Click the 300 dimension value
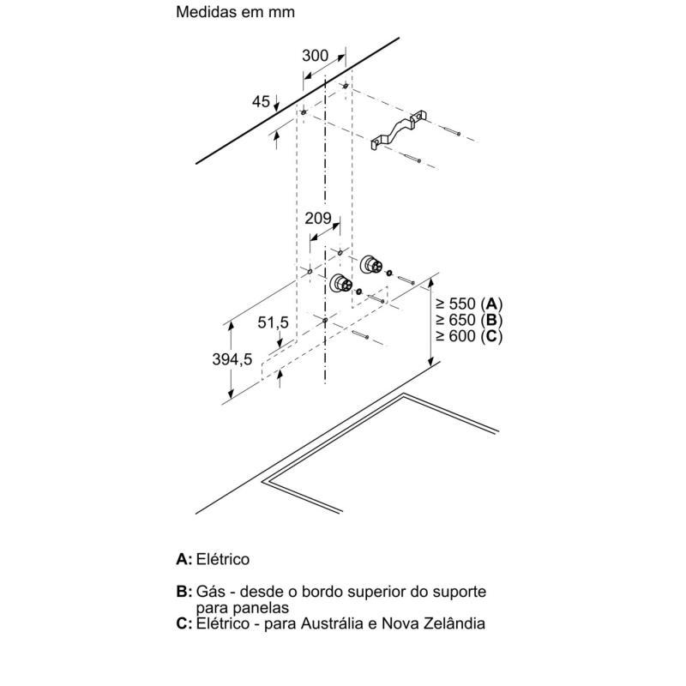point(316,56)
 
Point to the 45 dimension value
point(261,102)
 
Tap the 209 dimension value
point(318,219)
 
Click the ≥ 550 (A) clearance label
point(468,304)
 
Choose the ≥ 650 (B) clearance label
point(468,320)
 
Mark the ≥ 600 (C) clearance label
point(468,336)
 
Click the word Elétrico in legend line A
point(223,559)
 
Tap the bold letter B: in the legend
point(184,592)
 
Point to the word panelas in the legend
point(264,607)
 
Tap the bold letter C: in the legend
point(184,623)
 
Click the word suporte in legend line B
point(458,592)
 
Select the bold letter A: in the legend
point(184,559)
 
